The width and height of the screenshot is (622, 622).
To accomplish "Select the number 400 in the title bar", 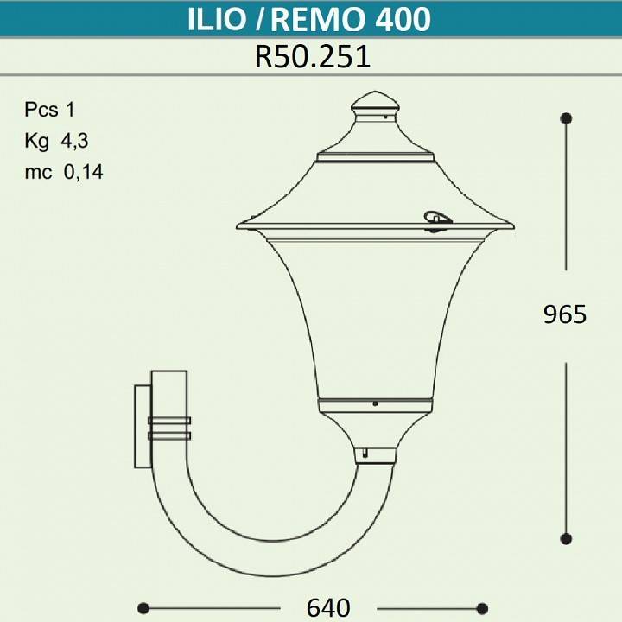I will tap(402, 19).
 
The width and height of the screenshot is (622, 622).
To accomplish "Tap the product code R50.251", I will tap(312, 56).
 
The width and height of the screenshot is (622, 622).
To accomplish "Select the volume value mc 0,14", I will tap(64, 171).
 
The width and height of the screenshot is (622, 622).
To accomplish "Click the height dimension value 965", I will tap(565, 314).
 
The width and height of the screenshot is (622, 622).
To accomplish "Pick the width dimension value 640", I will tap(328, 607).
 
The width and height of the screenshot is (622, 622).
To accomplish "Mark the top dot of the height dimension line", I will tap(566, 117).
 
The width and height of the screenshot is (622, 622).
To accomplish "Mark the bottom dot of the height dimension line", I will tap(566, 538).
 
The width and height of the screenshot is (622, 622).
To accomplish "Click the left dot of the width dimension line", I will tap(143, 607).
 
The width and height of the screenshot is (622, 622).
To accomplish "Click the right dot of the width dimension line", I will tap(483, 607).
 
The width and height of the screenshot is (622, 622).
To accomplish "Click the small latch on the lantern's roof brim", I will tap(435, 221).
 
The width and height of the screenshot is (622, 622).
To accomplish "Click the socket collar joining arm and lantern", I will tap(375, 454).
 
